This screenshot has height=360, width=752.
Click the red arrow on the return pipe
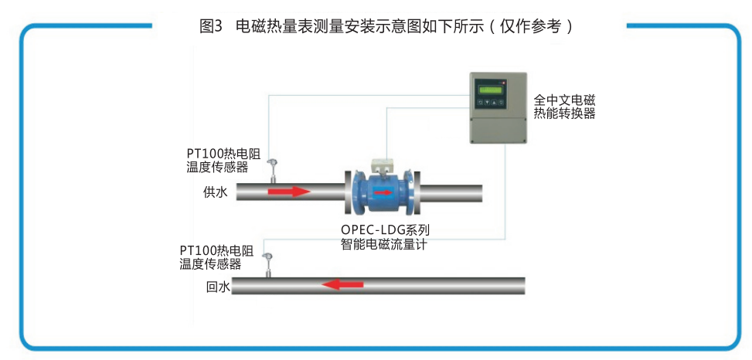[342, 284]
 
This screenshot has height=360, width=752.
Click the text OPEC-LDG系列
[385, 230]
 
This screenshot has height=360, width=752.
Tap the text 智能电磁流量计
[384, 245]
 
